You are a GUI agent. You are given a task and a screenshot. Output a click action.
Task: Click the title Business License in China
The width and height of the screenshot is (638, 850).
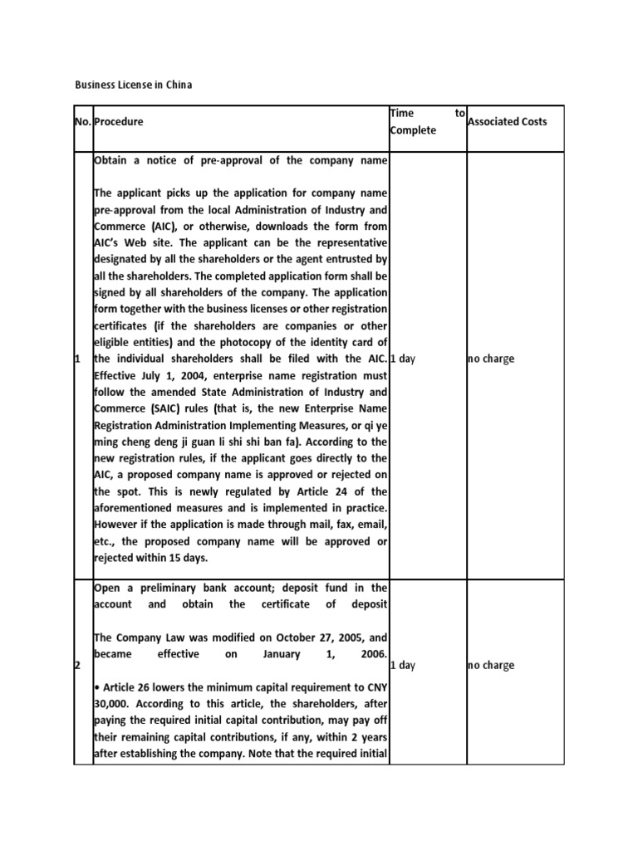click(x=134, y=85)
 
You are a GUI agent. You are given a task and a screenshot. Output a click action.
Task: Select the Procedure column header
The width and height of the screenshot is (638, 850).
click(x=119, y=121)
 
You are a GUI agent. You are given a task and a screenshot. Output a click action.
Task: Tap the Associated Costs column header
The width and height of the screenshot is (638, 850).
click(x=508, y=121)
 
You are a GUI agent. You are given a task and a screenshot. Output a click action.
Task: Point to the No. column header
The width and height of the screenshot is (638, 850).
click(x=83, y=121)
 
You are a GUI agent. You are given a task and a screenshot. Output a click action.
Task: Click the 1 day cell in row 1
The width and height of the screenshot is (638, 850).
click(x=405, y=359)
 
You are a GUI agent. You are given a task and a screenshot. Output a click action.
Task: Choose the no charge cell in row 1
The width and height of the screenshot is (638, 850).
click(x=491, y=359)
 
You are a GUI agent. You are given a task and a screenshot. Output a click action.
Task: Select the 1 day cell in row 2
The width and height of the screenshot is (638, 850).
click(x=405, y=665)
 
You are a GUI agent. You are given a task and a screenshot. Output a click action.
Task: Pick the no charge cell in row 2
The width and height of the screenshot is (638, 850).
click(x=491, y=665)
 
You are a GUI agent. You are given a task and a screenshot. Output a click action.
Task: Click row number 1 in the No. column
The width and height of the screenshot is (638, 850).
click(x=77, y=359)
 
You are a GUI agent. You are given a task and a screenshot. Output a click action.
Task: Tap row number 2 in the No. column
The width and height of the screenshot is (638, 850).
click(x=77, y=665)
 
